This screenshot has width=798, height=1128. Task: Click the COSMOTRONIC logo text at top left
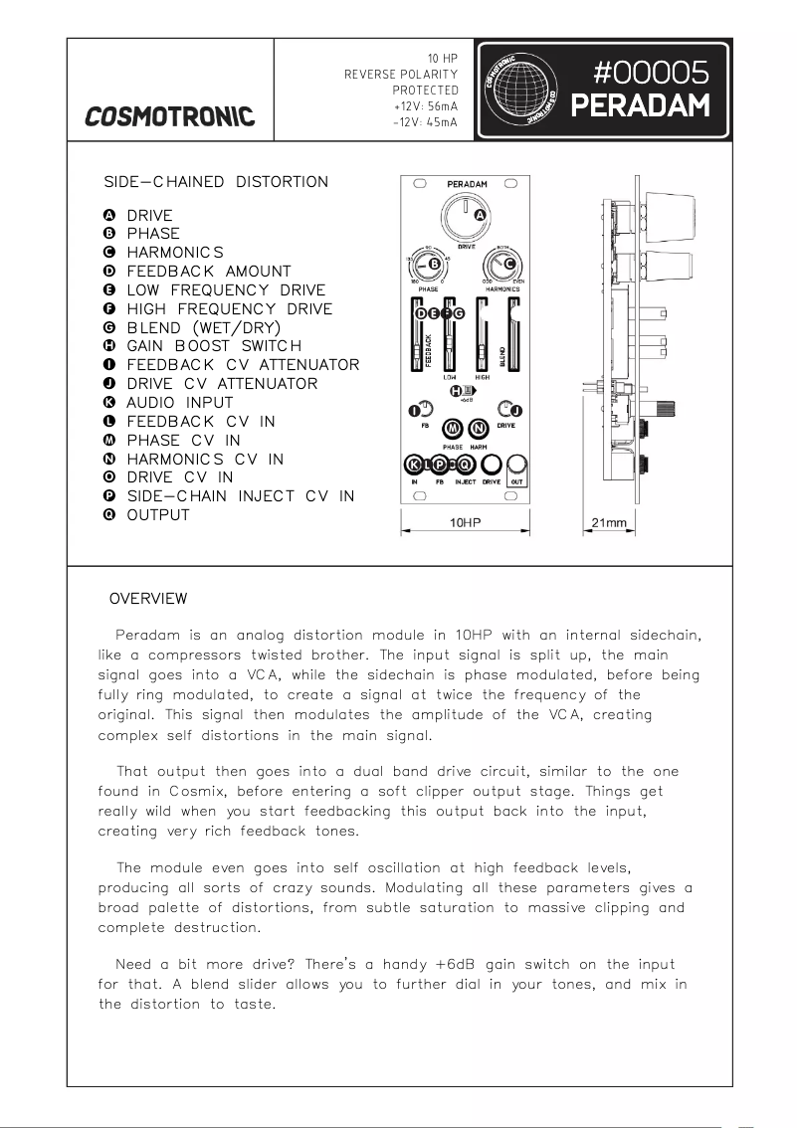click(169, 116)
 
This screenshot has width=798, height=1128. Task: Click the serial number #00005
click(651, 73)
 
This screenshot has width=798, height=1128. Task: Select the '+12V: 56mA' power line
click(426, 105)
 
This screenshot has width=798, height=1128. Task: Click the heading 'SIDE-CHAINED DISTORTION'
click(216, 182)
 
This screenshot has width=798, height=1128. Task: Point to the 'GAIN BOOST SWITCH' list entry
click(213, 346)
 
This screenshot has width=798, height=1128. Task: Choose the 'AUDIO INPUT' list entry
click(179, 403)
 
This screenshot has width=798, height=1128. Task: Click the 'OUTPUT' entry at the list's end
click(157, 515)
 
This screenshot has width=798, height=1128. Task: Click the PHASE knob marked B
click(429, 266)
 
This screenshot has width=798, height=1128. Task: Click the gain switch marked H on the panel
click(461, 391)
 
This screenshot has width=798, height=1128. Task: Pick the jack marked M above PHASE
click(453, 429)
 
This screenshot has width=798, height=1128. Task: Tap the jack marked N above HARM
click(480, 429)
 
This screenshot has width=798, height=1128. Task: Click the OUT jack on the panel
click(516, 465)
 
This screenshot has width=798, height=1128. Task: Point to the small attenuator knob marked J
click(509, 409)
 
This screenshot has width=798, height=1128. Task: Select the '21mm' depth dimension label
click(608, 523)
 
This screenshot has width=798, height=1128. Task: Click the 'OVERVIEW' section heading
click(147, 599)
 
